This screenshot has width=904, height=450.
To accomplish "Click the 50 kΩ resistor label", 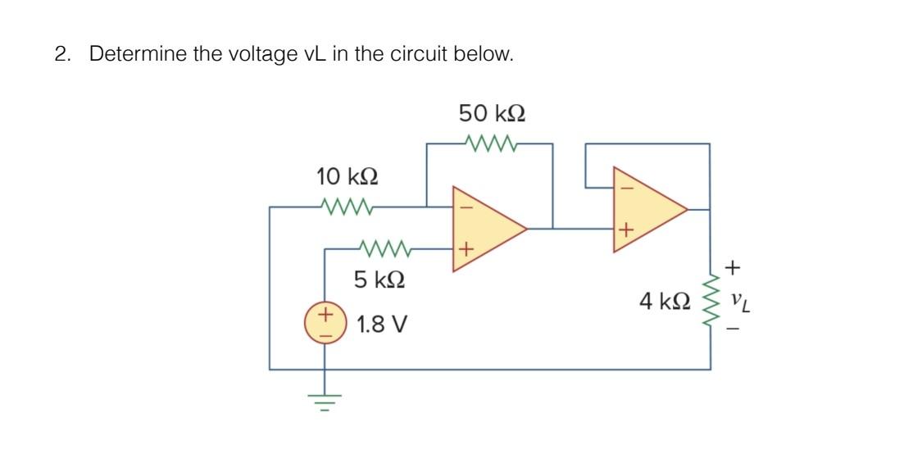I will pos(492,112).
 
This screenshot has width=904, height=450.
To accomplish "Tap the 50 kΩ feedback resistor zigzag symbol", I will pos(491,144).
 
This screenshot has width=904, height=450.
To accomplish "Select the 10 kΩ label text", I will pos(348,176).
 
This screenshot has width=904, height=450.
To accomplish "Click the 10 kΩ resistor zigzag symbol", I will pos(348,207).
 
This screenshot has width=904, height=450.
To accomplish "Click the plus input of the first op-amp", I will pos(465,248).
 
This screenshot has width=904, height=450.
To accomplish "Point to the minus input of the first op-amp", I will pos(465,207).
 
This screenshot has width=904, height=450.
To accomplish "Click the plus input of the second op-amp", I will pos(626,230).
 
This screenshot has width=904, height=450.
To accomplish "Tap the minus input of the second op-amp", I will pos(626,188).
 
